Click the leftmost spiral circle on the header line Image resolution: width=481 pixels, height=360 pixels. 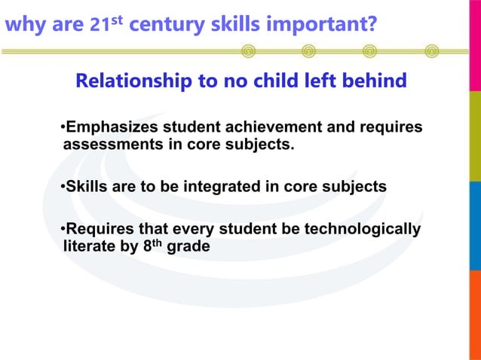[248, 51]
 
